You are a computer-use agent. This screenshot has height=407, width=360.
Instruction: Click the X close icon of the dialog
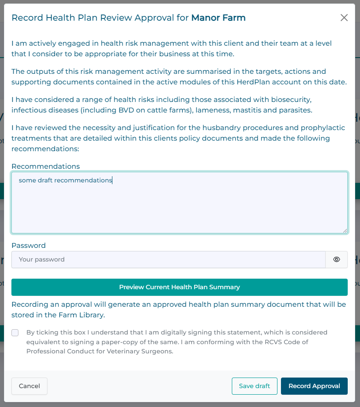point(344,18)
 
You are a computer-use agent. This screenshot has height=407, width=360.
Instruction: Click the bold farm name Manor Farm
point(218,18)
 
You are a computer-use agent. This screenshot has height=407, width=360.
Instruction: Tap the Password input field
point(168,259)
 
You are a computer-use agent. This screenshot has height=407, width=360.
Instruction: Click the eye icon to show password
point(337,259)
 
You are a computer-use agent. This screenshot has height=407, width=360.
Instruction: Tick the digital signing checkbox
point(15,333)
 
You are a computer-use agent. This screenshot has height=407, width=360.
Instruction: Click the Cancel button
point(29,386)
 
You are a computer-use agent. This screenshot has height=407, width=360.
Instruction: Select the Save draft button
point(255,386)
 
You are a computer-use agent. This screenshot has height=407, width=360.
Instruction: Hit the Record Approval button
point(314,386)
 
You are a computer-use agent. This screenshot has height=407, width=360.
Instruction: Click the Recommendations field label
point(46,166)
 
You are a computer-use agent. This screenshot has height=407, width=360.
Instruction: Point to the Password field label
point(29,245)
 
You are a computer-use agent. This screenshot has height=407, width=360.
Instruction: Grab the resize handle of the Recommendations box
point(345,230)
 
